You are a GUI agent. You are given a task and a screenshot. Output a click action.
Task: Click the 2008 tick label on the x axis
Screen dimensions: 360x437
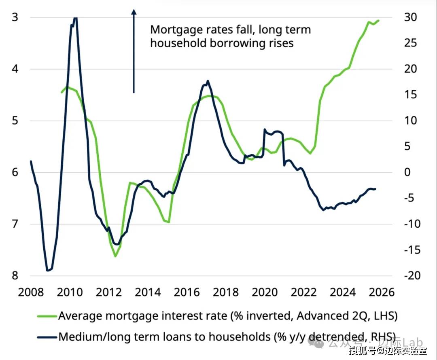pyautogui.click(x=31, y=292)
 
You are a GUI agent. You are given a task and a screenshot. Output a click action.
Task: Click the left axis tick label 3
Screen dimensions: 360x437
pyautogui.click(x=15, y=17)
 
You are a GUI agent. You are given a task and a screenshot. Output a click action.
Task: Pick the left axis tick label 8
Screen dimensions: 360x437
pyautogui.click(x=15, y=275)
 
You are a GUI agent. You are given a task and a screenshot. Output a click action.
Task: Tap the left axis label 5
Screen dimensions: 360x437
pyautogui.click(x=15, y=121)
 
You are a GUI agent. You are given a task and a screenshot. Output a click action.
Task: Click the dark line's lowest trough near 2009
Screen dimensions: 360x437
pyautogui.click(x=48, y=270)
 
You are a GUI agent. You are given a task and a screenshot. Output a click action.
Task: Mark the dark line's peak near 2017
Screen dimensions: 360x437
pyautogui.click(x=208, y=81)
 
